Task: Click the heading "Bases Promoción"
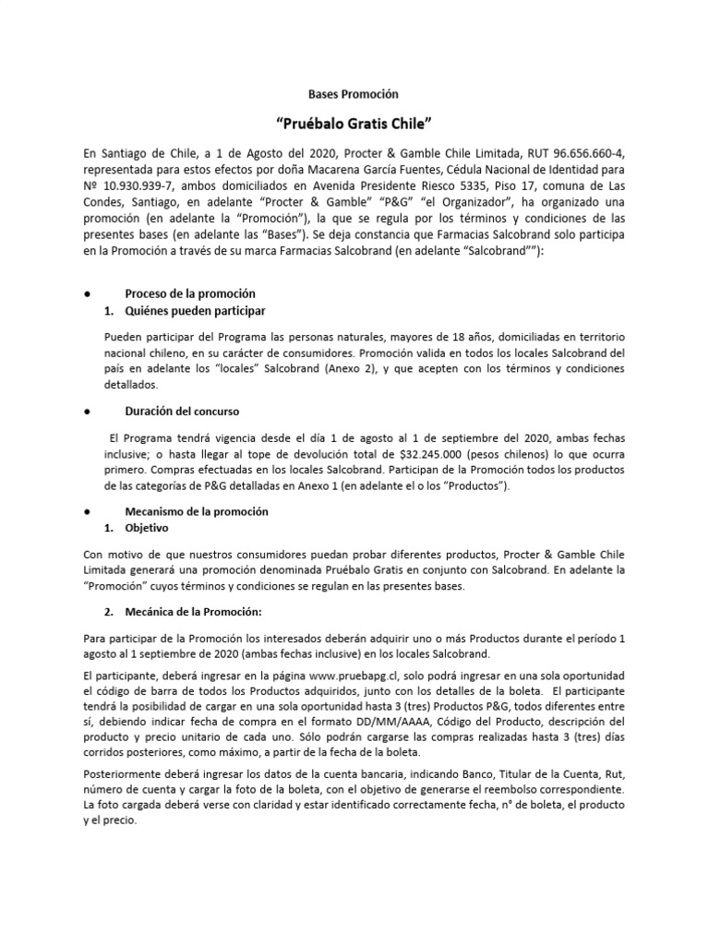tap(354, 93)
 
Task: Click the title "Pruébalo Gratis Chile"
tap(354, 124)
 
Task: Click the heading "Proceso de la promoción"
tap(189, 293)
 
